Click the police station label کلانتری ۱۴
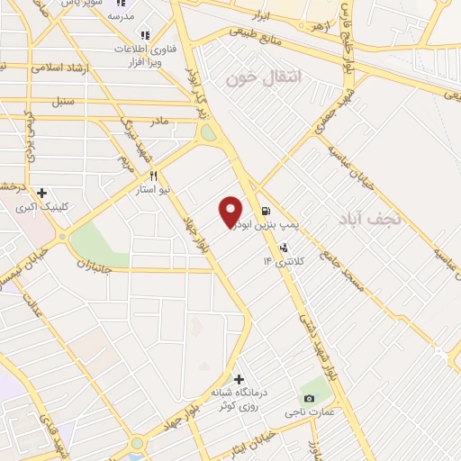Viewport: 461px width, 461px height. pyautogui.click(x=285, y=260)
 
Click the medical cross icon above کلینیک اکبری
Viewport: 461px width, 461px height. pyautogui.click(x=41, y=193)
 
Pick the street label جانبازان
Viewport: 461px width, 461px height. pyautogui.click(x=92, y=265)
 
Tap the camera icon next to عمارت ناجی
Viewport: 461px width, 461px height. pyautogui.click(x=310, y=398)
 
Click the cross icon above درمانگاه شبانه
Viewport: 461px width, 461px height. pyautogui.click(x=239, y=378)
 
